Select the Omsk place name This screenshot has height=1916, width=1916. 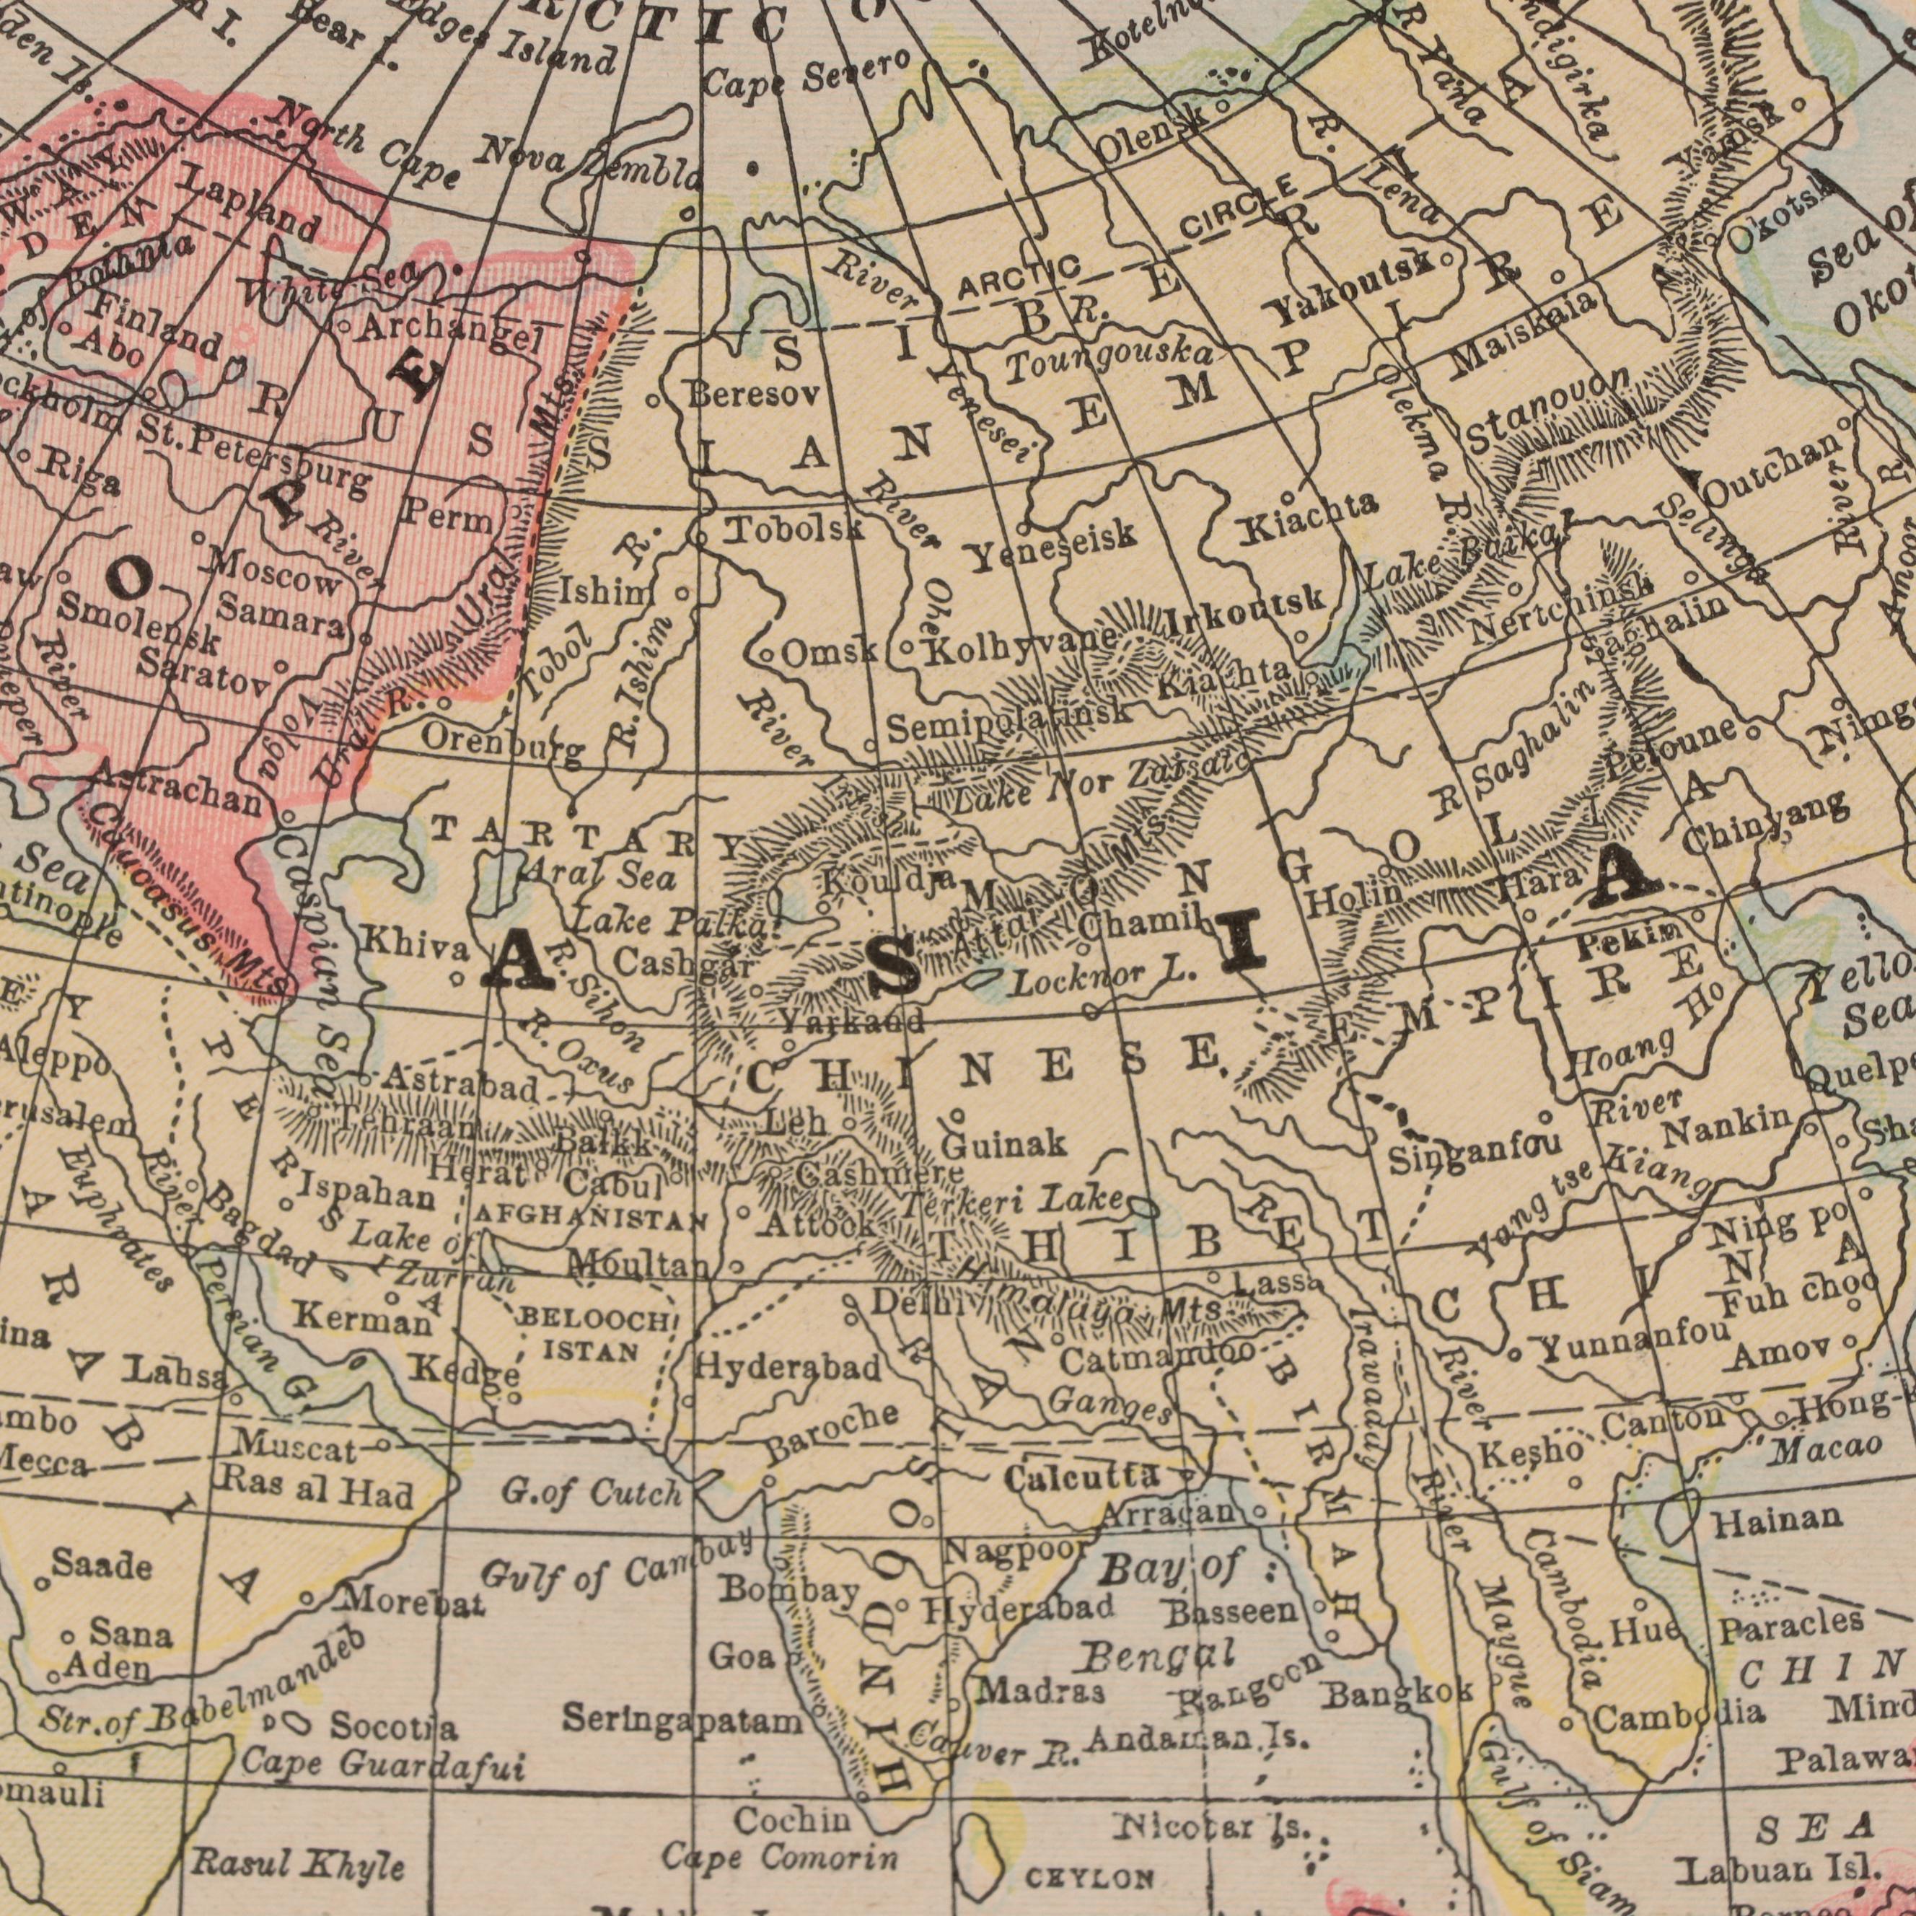pyautogui.click(x=830, y=680)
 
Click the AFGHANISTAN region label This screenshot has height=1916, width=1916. pyautogui.click(x=589, y=1219)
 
